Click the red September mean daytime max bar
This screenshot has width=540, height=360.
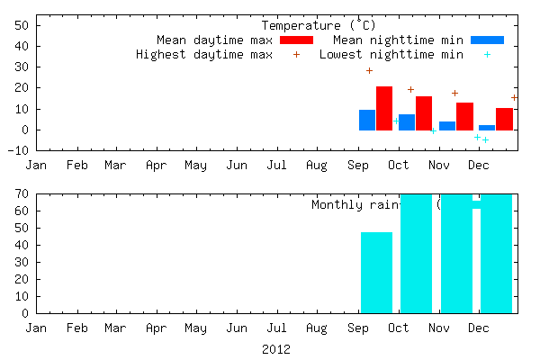pos(384,109)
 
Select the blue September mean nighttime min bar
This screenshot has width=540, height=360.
pos(367,120)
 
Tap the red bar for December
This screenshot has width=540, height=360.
pos(504,119)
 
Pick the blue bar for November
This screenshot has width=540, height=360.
pos(447,126)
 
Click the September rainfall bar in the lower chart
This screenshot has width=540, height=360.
pos(376,273)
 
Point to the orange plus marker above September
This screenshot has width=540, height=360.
pos(369,70)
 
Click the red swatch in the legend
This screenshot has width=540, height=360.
pos(296,40)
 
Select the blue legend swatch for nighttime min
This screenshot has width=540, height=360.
pos(487,40)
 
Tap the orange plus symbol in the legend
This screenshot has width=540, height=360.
pos(296,55)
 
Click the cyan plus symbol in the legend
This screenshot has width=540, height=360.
pos(487,55)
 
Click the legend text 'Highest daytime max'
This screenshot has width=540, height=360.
pos(203,55)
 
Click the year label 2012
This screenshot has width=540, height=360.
pos(276,348)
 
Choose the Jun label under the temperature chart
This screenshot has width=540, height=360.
pos(237,165)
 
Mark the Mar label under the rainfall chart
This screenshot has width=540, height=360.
pos(115,328)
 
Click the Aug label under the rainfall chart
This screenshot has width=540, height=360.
pos(316,328)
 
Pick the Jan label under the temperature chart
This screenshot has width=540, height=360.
pos(37,165)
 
